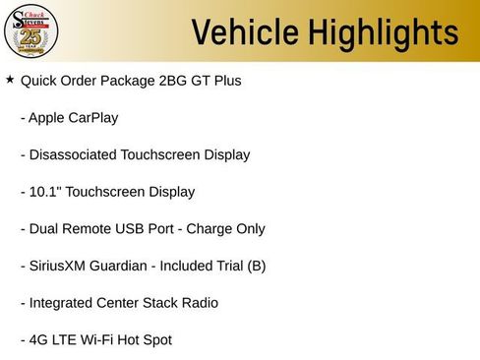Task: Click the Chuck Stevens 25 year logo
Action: click(x=32, y=31)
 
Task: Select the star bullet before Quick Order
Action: click(x=10, y=79)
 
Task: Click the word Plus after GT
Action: click(x=225, y=81)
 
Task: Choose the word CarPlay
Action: click(x=93, y=118)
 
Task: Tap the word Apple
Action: click(x=46, y=118)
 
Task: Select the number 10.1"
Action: click(x=45, y=192)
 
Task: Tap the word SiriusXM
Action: click(x=61, y=266)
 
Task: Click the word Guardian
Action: click(x=131, y=266)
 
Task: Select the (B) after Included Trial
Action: click(x=255, y=266)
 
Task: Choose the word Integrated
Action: click(x=62, y=303)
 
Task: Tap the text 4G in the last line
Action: click(x=38, y=340)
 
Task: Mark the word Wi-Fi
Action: click(x=102, y=340)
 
